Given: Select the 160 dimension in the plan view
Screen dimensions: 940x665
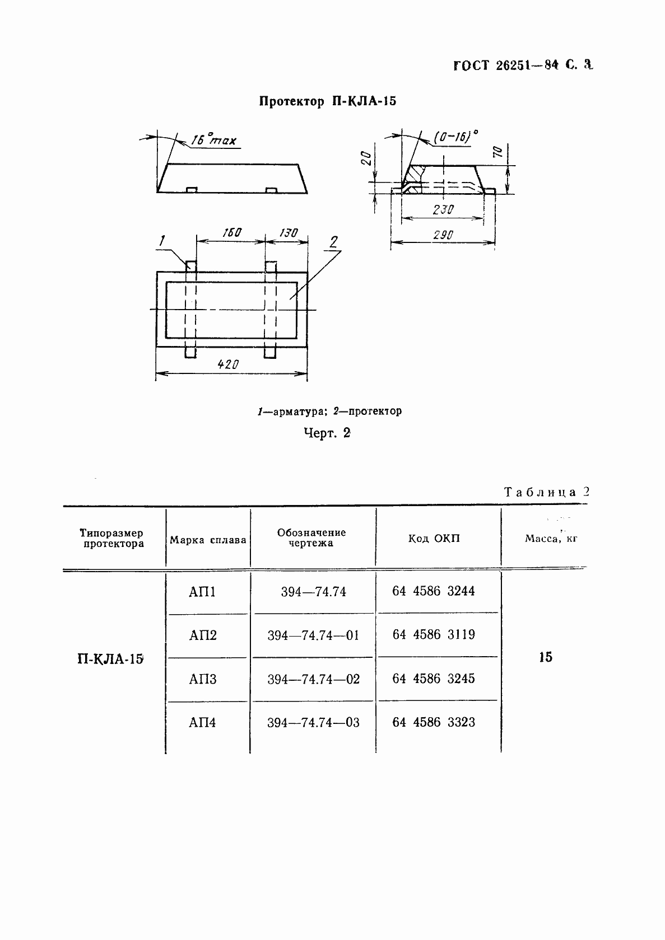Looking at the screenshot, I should click(x=231, y=232).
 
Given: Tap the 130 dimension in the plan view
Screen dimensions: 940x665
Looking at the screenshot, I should click(x=287, y=232).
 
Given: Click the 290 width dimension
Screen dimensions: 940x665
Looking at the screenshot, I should click(x=443, y=235).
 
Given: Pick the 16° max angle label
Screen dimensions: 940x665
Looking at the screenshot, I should click(x=213, y=140).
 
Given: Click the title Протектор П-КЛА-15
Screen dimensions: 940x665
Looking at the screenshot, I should click(x=328, y=101).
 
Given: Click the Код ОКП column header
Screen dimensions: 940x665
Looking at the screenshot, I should click(x=433, y=539).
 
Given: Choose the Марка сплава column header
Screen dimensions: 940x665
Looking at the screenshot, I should click(x=208, y=540).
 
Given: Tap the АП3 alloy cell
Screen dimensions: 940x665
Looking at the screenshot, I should click(x=203, y=679).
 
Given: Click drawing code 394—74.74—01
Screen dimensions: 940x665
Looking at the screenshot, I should click(x=313, y=635).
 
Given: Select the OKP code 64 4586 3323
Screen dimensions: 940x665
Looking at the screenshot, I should click(x=434, y=722).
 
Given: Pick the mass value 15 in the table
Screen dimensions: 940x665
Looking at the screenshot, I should click(x=546, y=657).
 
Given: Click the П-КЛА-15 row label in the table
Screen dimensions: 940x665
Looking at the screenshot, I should click(x=110, y=658).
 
